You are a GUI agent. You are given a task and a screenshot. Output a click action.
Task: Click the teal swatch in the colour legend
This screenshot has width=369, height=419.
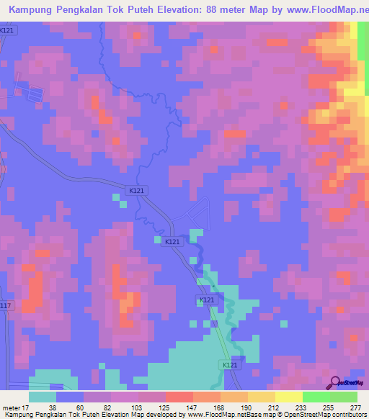(43, 397)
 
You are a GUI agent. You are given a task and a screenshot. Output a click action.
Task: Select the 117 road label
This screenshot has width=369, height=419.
(6, 306)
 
